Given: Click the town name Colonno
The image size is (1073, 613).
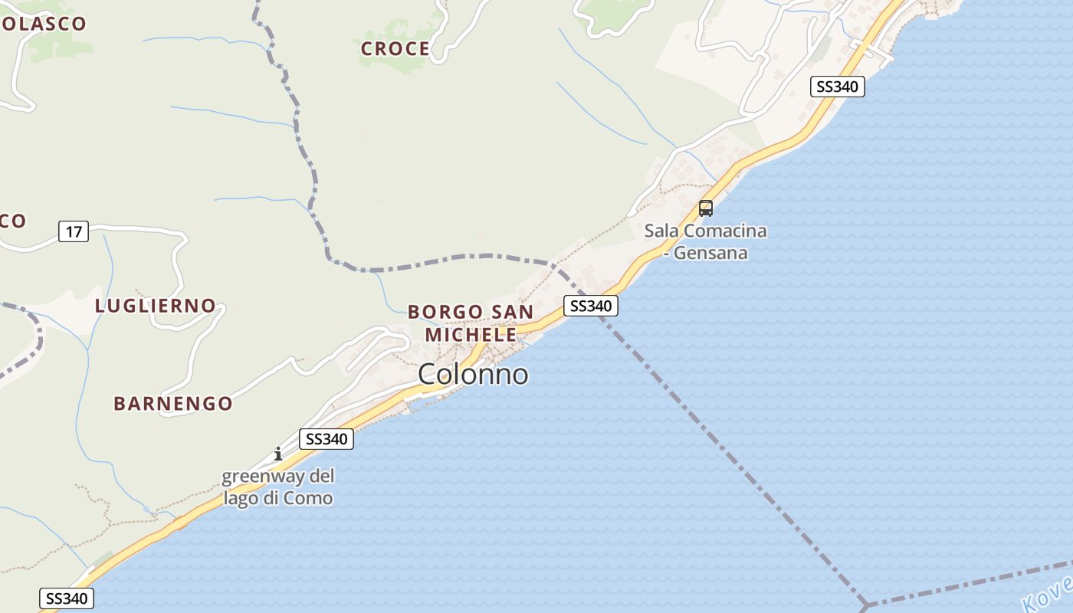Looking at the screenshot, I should (473, 375).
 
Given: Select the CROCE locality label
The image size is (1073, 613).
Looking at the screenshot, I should (395, 49).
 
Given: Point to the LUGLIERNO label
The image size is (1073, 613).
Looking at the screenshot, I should (155, 306).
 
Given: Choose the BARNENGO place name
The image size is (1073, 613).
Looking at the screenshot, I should (173, 404).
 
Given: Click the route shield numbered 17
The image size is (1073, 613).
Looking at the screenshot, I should (74, 231).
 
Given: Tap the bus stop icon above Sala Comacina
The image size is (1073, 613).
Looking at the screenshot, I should (706, 208).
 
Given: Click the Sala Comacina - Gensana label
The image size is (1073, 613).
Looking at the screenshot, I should (705, 241).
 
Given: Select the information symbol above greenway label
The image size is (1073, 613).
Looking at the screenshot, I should (278, 454).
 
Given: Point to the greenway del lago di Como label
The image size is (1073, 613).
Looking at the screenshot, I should (278, 487).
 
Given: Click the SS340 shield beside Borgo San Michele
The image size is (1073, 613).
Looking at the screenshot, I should (590, 306).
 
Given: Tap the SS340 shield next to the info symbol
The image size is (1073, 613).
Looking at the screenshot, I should (326, 439).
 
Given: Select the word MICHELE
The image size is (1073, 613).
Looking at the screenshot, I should (471, 335).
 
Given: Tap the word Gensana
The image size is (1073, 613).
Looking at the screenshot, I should (710, 253).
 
